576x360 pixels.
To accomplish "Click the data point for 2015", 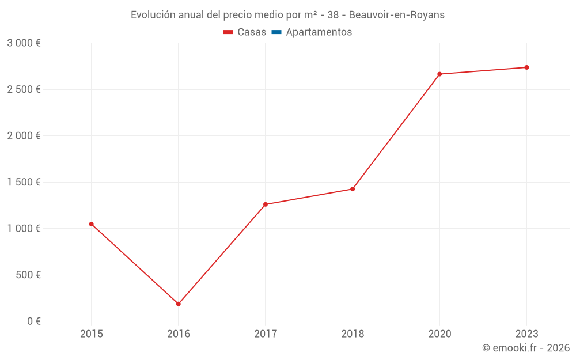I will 91,224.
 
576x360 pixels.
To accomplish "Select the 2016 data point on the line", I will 178,304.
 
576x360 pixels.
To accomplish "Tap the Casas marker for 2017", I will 266,204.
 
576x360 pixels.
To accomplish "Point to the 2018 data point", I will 353,189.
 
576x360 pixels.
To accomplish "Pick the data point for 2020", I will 439,74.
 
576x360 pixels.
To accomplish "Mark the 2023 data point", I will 526,67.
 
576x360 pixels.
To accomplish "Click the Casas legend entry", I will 252,32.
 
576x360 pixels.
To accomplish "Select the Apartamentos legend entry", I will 319,32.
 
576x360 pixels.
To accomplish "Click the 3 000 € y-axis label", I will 24,43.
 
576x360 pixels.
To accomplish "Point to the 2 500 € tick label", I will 24,89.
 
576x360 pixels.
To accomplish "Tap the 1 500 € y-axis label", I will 24,182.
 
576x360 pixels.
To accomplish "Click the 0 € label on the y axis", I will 34,321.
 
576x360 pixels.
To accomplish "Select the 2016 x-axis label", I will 178,334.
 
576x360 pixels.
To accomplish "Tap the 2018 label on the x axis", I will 353,334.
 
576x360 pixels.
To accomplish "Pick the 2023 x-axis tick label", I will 526,334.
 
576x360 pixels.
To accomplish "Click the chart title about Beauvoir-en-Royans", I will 287,15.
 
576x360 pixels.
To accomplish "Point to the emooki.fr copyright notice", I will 525,348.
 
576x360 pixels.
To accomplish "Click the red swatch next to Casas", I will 228,32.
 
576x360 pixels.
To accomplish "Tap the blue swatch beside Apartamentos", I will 276,32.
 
